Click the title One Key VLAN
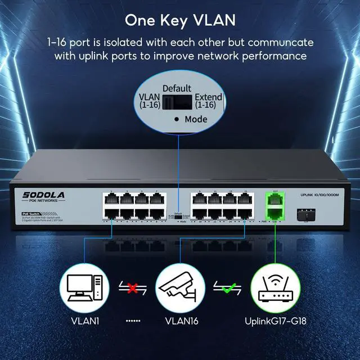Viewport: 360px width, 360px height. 180,20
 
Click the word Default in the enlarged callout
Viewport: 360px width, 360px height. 177,89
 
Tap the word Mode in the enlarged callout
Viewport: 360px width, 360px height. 196,119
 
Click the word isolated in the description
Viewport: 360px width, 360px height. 144,43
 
